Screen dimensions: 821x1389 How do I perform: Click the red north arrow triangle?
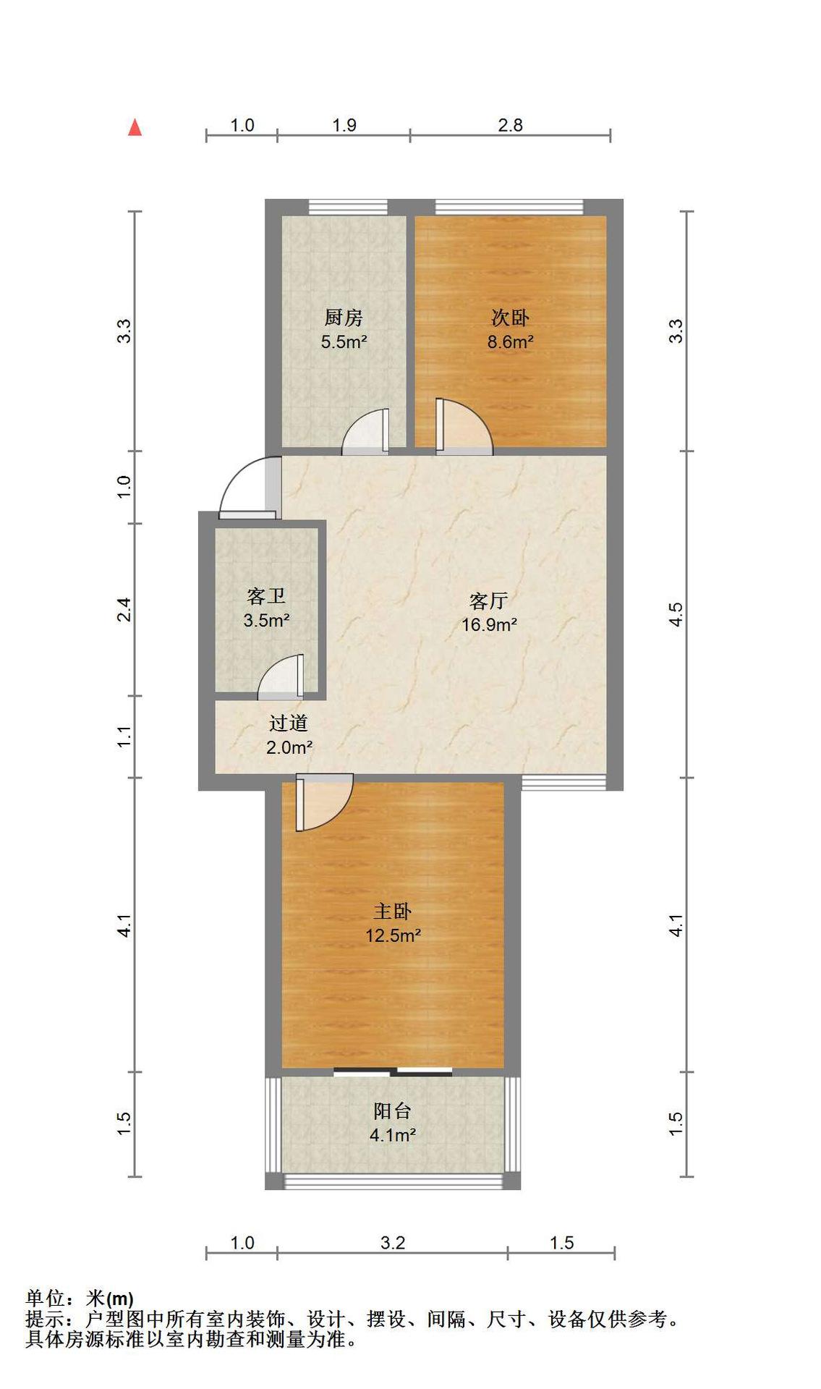135,127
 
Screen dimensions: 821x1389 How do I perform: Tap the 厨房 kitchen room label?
344,318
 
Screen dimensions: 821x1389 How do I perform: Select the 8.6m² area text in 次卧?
510,341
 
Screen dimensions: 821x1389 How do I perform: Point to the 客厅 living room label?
489,601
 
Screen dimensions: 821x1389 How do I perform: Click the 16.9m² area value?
489,624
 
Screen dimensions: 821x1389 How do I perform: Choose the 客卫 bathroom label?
266,596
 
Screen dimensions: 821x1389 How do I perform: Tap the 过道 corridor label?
289,723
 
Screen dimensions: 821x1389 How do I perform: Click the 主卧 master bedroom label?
393,911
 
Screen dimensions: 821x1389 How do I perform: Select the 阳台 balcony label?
393,1110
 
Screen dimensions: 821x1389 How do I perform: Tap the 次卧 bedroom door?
464,427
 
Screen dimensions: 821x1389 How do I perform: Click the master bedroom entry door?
324,802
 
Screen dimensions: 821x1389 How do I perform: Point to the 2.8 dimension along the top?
510,125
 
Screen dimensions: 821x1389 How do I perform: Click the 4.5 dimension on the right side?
675,615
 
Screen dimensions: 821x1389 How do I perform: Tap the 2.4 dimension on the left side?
124,609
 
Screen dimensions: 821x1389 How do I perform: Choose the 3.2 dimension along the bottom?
392,1243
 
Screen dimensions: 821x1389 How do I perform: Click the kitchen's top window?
348,207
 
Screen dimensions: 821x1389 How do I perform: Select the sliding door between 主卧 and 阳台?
393,1071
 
